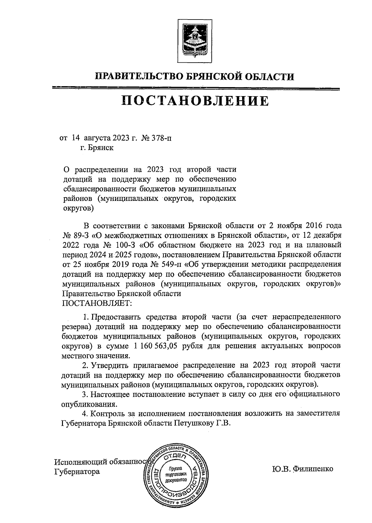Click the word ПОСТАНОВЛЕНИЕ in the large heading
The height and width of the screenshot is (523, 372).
195,101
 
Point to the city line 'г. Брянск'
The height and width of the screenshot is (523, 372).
97,148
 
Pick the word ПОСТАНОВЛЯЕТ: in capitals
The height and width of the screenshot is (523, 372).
97,302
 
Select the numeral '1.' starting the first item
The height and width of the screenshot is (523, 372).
86,317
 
